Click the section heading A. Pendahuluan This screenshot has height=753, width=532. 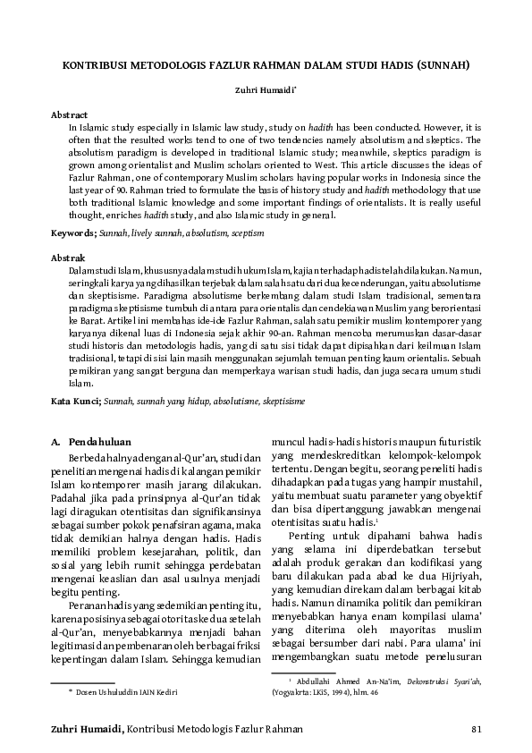pos(91,442)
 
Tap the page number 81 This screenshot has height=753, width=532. pos(476,731)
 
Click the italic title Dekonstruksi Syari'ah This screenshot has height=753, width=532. pos(440,681)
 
